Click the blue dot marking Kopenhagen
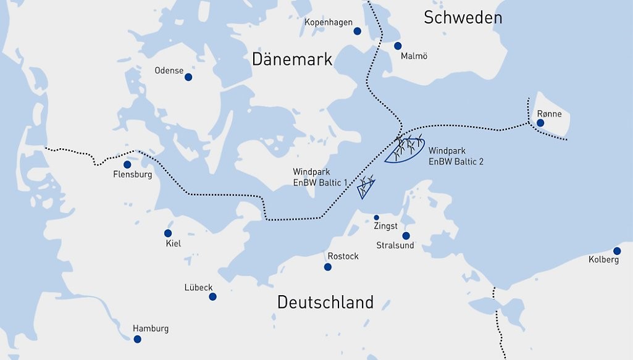pyautogui.click(x=357, y=31)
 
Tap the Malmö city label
pyautogui.click(x=414, y=56)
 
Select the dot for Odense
pyautogui.click(x=188, y=77)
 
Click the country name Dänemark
pyautogui.click(x=291, y=59)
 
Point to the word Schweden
pyautogui.click(x=463, y=18)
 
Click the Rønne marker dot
pyautogui.click(x=540, y=123)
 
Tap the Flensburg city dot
pyautogui.click(x=127, y=165)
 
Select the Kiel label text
pyautogui.click(x=174, y=244)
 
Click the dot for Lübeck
pyautogui.click(x=212, y=296)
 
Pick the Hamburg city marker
pyautogui.click(x=137, y=339)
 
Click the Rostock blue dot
pyautogui.click(x=327, y=267)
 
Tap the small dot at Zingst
pyautogui.click(x=377, y=217)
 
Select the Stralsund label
pyautogui.click(x=395, y=246)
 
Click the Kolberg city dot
pyautogui.click(x=617, y=251)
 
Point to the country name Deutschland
pyautogui.click(x=325, y=303)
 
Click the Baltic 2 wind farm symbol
pyautogui.click(x=405, y=149)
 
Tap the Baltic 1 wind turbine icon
pyautogui.click(x=366, y=186)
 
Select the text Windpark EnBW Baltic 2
pyautogui.click(x=456, y=156)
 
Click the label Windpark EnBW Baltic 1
pyautogui.click(x=321, y=177)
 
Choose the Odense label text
pyautogui.click(x=169, y=70)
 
